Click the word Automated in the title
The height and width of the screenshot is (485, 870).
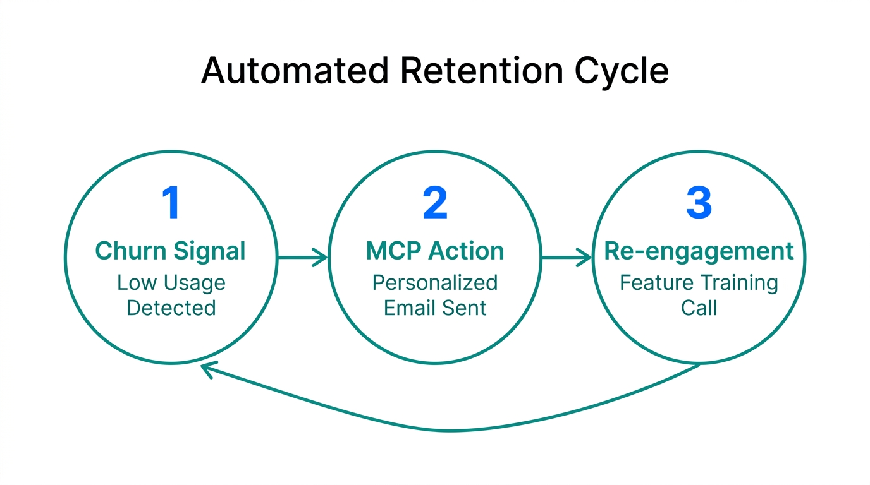pyautogui.click(x=294, y=71)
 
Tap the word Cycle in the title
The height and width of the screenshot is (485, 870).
pyautogui.click(x=621, y=72)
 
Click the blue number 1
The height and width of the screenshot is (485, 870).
pyautogui.click(x=171, y=203)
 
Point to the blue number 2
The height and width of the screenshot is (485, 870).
pyautogui.click(x=435, y=203)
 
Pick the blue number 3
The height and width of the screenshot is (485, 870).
pyautogui.click(x=699, y=203)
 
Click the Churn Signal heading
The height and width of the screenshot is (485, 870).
pyautogui.click(x=171, y=251)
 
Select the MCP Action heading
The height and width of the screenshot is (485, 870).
pyautogui.click(x=435, y=251)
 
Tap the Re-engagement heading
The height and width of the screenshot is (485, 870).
pyautogui.click(x=699, y=251)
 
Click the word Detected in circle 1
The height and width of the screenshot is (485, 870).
pyautogui.click(x=171, y=308)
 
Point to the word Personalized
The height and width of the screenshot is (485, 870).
pyautogui.click(x=435, y=282)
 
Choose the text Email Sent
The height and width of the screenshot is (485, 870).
pyautogui.click(x=435, y=308)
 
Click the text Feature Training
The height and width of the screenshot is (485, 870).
pyautogui.click(x=699, y=282)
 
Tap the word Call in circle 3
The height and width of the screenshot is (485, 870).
pyautogui.click(x=699, y=308)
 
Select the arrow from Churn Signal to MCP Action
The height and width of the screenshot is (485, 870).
pyautogui.click(x=302, y=257)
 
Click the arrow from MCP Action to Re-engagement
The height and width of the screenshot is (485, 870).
pyautogui.click(x=567, y=257)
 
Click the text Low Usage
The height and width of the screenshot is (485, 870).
pyautogui.click(x=171, y=282)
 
